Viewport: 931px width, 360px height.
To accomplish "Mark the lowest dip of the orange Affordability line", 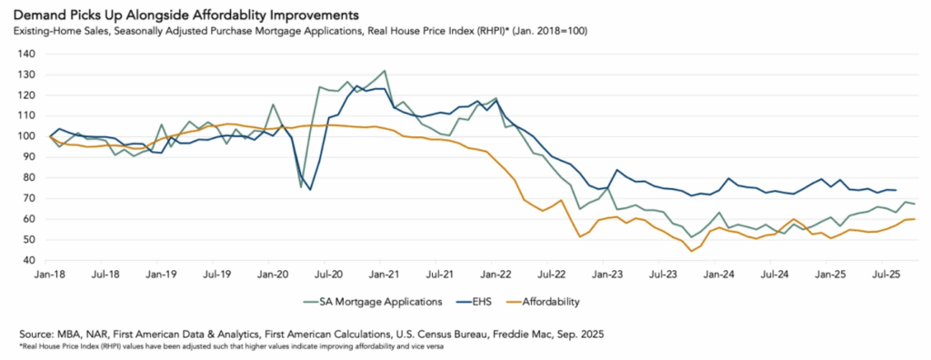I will click(x=692, y=251).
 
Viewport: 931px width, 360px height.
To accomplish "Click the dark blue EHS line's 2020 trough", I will click(x=310, y=189).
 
